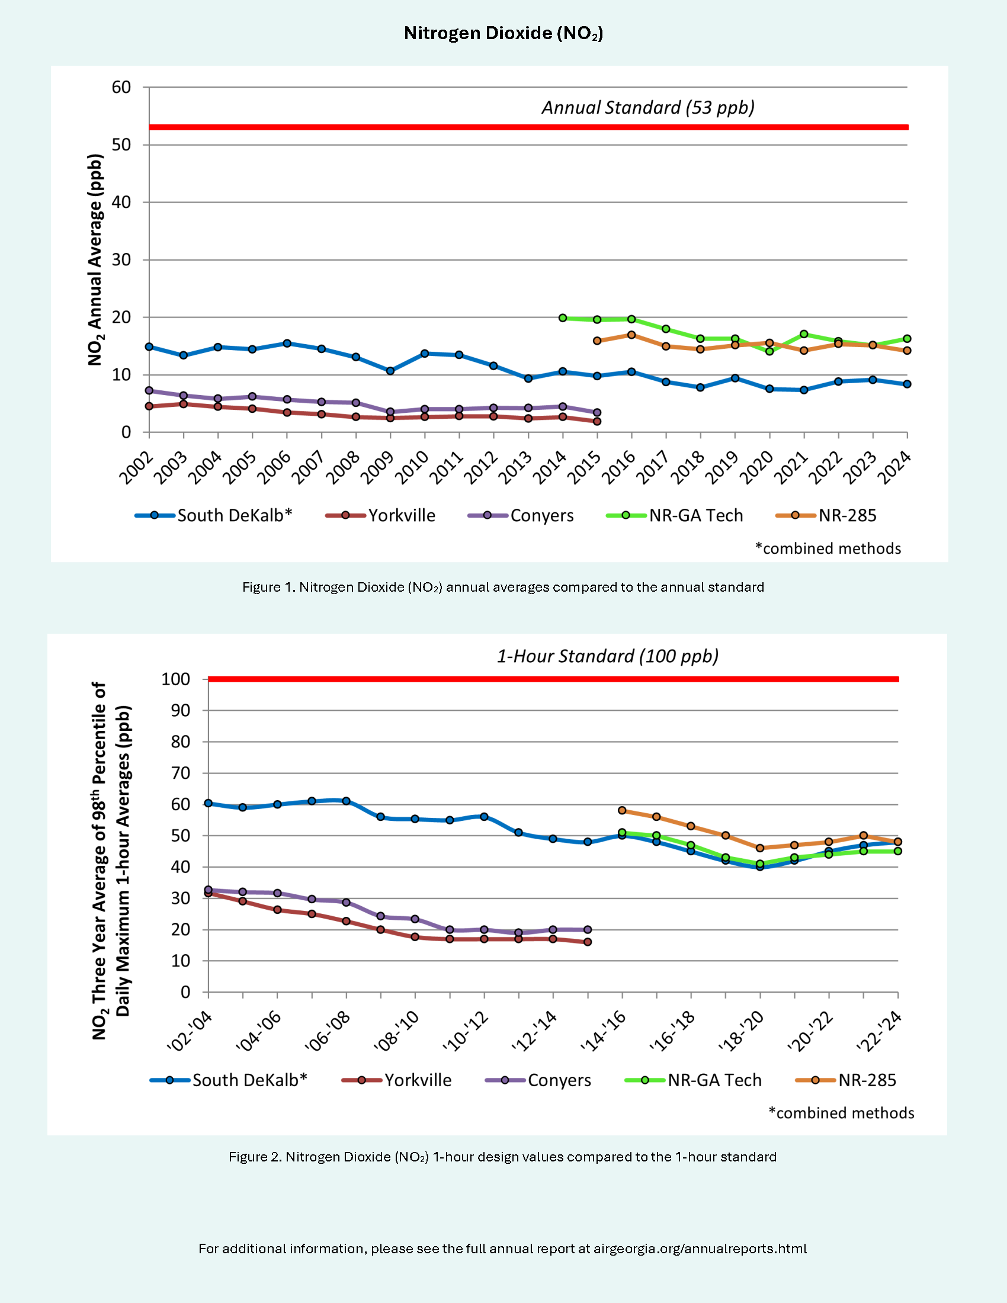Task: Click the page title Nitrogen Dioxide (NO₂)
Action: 503,33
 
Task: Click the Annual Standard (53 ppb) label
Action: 648,107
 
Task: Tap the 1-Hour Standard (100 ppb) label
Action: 607,656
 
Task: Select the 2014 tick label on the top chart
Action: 550,468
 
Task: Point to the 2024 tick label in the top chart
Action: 895,468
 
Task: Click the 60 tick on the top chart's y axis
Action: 121,87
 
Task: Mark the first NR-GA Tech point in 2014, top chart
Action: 563,318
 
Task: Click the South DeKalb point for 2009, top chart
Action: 390,371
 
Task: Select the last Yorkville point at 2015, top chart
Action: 597,422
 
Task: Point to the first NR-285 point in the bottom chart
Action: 622,810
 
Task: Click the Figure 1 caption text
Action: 503,587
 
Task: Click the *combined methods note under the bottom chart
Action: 841,1113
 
